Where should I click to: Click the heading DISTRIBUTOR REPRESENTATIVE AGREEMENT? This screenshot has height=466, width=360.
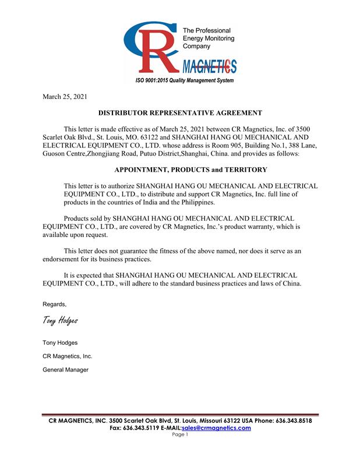(179, 112)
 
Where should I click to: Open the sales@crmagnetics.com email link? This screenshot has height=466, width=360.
(216, 428)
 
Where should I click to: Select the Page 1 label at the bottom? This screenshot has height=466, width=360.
(180, 435)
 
